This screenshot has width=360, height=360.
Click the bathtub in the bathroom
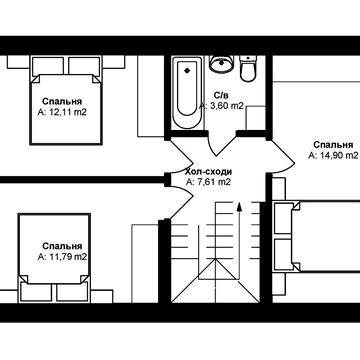click(x=187, y=93)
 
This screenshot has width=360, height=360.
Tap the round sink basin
click(x=220, y=63)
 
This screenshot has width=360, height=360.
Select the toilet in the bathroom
click(x=248, y=68)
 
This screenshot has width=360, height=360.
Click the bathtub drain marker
click(x=187, y=70)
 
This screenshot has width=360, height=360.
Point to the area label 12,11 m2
click(x=62, y=112)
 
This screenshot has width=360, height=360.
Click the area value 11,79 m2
click(x=62, y=257)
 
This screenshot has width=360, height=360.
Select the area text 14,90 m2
click(x=333, y=155)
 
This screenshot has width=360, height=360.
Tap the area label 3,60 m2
click(x=222, y=106)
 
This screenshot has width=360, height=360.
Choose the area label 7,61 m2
click(x=209, y=182)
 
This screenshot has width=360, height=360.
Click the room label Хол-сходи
click(x=208, y=172)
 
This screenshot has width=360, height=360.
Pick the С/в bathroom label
click(x=220, y=96)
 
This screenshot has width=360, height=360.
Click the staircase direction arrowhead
click(x=239, y=206)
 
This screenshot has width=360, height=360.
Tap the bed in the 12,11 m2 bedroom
click(x=65, y=100)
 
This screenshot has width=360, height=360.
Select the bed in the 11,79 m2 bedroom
click(x=54, y=258)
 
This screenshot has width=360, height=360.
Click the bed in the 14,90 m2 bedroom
click(x=317, y=237)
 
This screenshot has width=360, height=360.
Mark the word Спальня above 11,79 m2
click(x=62, y=246)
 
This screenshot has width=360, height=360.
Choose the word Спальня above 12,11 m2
click(x=62, y=101)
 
